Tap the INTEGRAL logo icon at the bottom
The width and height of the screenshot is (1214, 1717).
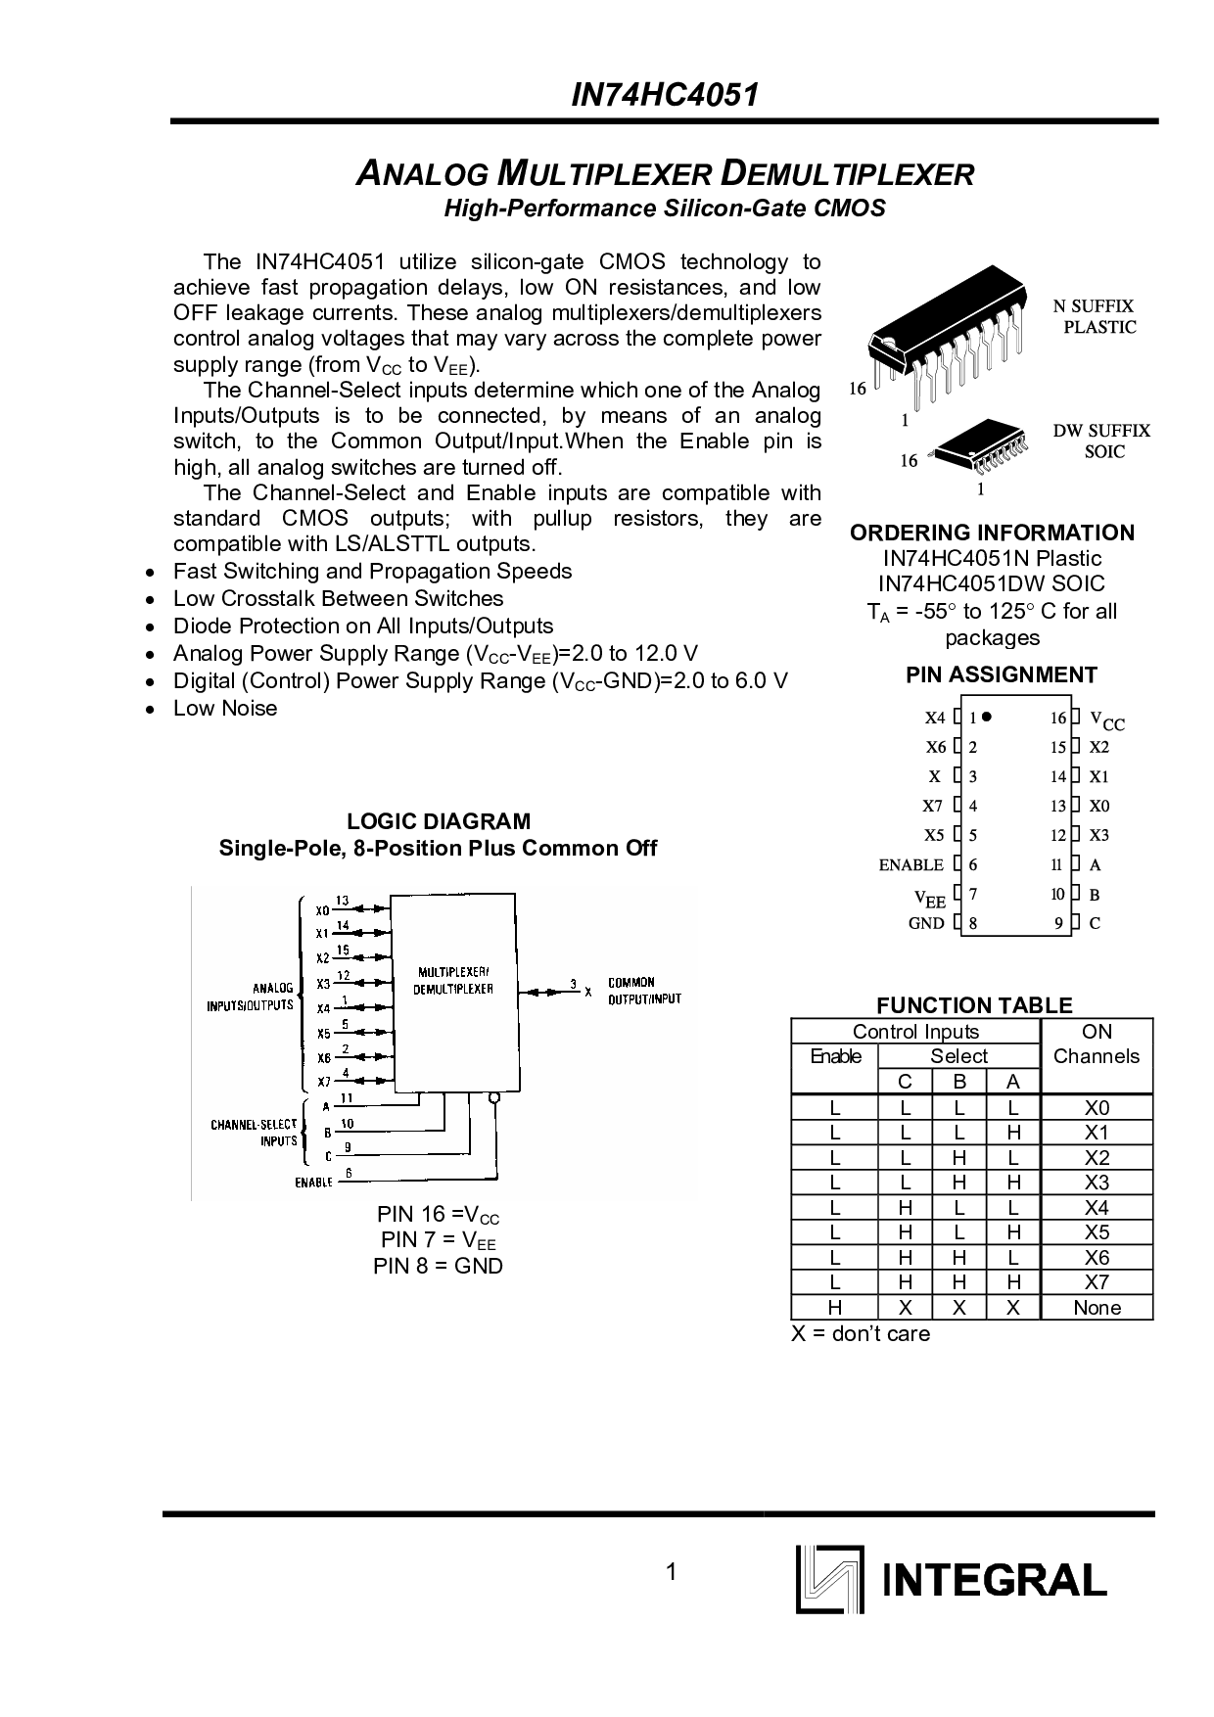[x=829, y=1579]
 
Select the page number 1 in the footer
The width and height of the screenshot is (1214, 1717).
[x=670, y=1573]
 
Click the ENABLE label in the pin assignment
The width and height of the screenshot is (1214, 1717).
[x=910, y=865]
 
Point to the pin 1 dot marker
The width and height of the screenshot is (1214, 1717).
[x=988, y=717]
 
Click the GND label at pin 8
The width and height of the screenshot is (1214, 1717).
[x=926, y=923]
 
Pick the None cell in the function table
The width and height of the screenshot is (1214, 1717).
[x=1097, y=1308]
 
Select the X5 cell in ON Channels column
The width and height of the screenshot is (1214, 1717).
[x=1097, y=1232]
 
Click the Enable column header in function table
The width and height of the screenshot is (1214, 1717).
[x=835, y=1056]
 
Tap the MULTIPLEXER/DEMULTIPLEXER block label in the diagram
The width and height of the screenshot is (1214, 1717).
[x=452, y=981]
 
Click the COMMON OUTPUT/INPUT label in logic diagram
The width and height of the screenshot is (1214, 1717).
[x=643, y=991]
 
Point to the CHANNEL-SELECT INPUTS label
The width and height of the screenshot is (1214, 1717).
[x=254, y=1133]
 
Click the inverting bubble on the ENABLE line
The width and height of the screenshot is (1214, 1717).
[x=494, y=1097]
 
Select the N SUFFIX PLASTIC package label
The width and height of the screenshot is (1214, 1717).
[x=1095, y=317]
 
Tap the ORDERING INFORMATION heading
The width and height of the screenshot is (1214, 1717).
[x=992, y=533]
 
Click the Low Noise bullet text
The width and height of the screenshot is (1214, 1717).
[x=224, y=708]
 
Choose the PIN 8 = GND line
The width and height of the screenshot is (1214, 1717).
[x=438, y=1266]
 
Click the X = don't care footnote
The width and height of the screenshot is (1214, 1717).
[x=861, y=1333]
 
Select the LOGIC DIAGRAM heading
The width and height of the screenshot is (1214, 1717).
[x=438, y=821]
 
